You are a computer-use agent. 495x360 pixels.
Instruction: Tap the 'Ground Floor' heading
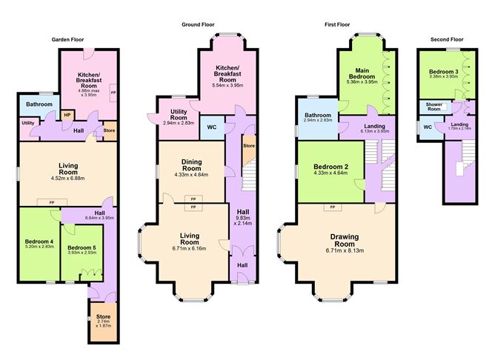(x=199, y=24)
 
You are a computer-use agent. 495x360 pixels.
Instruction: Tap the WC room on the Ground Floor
(x=211, y=125)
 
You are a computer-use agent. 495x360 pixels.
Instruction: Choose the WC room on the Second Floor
(x=428, y=127)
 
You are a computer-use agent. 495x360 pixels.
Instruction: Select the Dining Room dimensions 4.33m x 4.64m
(x=191, y=174)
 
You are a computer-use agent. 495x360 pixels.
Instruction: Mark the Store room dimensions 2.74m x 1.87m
(x=102, y=324)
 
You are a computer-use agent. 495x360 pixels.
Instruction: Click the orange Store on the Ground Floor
(x=248, y=146)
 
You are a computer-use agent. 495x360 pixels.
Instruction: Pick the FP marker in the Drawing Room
(x=332, y=207)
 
